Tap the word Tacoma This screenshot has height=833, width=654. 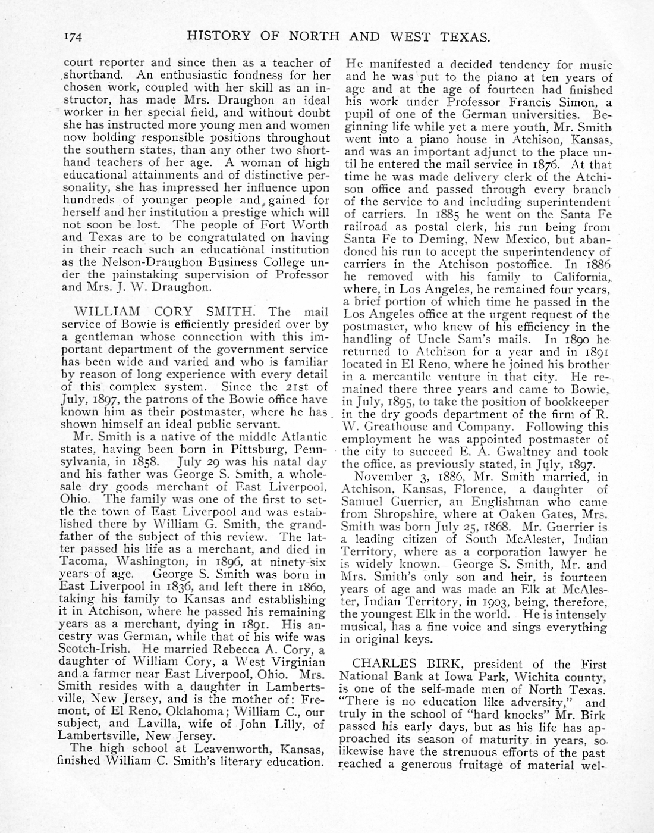pos(79,561)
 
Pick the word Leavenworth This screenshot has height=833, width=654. pos(210,749)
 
